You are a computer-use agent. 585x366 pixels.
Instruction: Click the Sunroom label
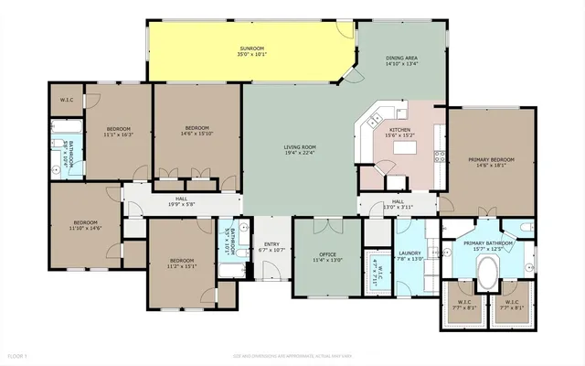click(x=252, y=51)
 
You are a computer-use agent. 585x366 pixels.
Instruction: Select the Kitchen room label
click(x=401, y=134)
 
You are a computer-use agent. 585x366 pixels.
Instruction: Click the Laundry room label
click(x=409, y=255)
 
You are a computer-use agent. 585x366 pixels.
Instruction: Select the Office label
click(x=327, y=256)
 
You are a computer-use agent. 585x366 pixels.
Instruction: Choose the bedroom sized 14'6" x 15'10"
click(x=197, y=131)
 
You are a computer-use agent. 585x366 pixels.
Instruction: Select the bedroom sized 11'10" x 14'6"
click(x=86, y=225)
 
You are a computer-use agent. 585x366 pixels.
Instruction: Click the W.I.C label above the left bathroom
click(x=67, y=99)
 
